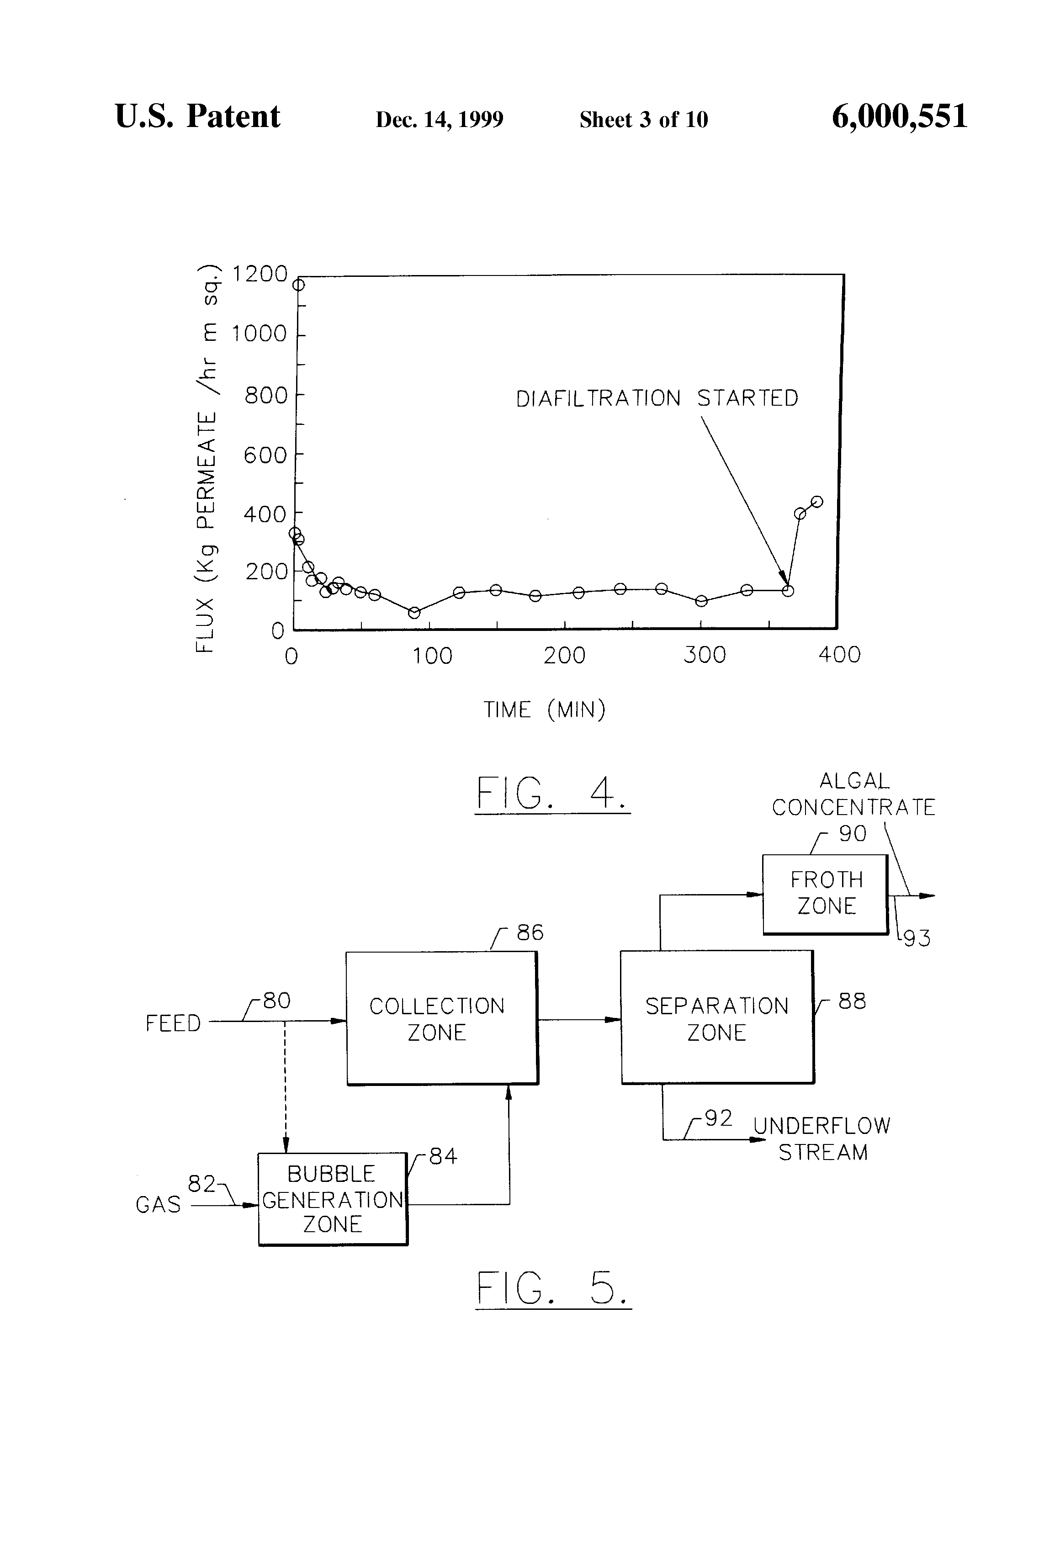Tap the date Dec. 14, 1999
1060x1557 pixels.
(x=440, y=119)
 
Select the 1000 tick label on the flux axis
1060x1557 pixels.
(x=260, y=334)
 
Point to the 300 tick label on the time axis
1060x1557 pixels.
(x=704, y=655)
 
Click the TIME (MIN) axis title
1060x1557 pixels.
(x=544, y=710)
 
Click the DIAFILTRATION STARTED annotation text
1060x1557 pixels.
(x=657, y=399)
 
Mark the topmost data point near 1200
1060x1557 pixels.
(x=299, y=285)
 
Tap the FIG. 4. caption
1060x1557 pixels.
(x=552, y=794)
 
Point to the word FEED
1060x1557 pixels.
(x=173, y=1024)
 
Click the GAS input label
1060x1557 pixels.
(x=158, y=1205)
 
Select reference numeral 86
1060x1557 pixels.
(x=530, y=932)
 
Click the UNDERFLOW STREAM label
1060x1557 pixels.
(x=822, y=1139)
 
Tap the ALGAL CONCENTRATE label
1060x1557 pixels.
(x=853, y=794)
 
